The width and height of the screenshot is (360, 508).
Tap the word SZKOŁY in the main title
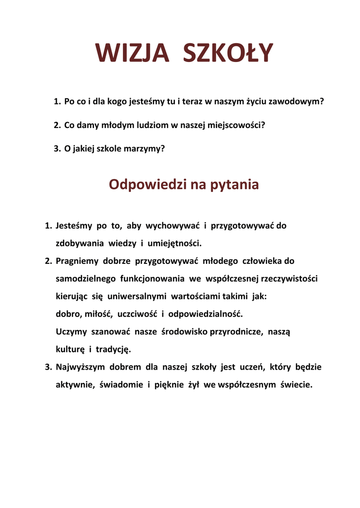pos(228,53)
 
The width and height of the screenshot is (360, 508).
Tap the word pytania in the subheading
pos(235,185)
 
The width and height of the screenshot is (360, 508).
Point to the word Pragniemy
pos(77,260)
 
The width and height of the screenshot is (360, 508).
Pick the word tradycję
pos(113,349)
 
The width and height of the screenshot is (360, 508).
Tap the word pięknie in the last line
pos(169,384)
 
